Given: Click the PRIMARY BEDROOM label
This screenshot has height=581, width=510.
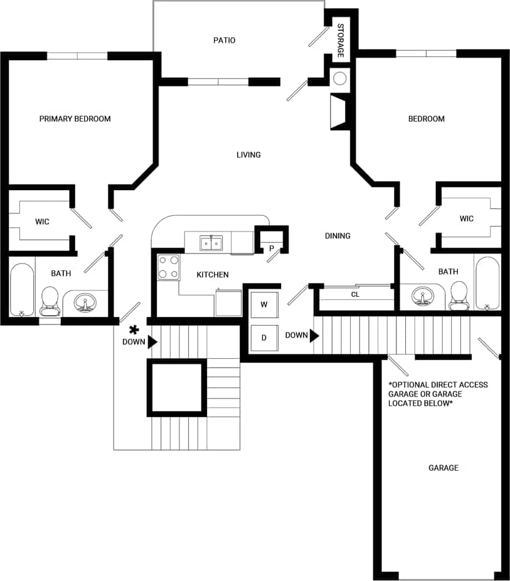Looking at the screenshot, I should tap(75, 119).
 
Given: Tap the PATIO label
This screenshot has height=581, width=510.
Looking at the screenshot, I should tap(224, 40).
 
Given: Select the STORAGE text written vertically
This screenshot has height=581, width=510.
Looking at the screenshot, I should tap(341, 41).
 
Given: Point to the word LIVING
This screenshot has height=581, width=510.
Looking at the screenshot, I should tap(248, 154).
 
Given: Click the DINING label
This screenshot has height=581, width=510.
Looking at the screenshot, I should tap(337, 236).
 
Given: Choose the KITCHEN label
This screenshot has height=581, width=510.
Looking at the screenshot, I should tap(213, 275).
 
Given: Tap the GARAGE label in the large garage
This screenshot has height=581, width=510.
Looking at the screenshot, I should tap(443, 467).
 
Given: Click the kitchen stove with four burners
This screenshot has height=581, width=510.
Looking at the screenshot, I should tap(168, 267).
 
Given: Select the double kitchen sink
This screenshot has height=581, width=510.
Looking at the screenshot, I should tap(211, 242).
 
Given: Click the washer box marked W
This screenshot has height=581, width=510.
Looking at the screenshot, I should tap(264, 305).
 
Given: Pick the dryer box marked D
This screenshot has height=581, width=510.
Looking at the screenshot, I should tap(264, 338).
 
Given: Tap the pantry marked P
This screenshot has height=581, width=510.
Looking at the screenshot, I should tap(272, 248).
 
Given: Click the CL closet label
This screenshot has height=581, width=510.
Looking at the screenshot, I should tap(355, 294).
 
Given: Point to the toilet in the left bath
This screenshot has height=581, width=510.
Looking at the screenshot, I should tap(49, 301).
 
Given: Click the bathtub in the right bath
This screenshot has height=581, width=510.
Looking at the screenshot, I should tap(487, 282).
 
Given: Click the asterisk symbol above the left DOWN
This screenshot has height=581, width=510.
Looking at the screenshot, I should tap(133, 329).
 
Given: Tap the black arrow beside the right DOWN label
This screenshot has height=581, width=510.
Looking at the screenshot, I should tap(315, 335).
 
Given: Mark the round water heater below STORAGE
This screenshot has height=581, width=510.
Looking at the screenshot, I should tap(339, 78).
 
